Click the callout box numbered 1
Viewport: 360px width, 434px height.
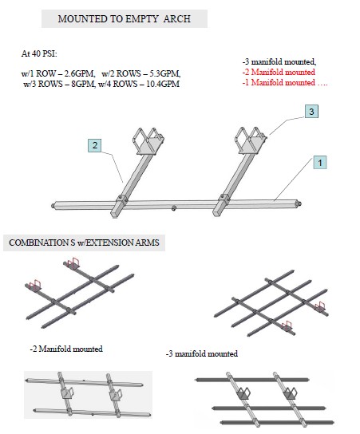pos(320,163)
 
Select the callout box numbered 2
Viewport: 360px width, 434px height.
pos(95,145)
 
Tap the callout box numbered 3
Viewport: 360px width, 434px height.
pos(311,112)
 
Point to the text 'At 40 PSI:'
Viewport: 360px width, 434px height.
pos(39,53)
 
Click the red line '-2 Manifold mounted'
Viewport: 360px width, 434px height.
pos(279,72)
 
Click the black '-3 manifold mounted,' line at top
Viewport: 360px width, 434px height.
pos(279,61)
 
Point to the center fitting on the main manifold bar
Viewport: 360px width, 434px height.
pos(174,208)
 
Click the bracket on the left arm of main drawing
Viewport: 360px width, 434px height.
pos(148,141)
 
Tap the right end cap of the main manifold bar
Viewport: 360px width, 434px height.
pos(299,203)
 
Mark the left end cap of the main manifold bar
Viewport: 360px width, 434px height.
pos(53,205)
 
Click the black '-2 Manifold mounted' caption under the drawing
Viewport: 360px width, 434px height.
pos(66,349)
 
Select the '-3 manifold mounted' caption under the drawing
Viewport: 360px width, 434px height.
pos(202,353)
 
